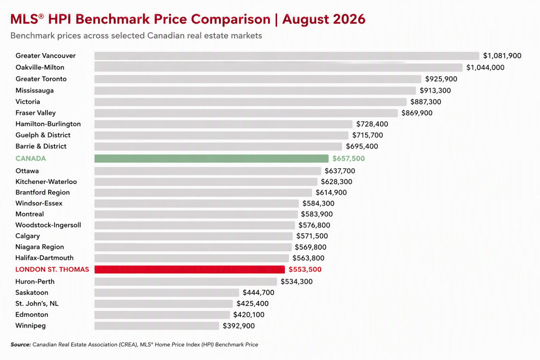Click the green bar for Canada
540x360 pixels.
[x=211, y=159]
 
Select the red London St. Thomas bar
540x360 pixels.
[x=189, y=269]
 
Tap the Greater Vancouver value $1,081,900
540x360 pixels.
[x=502, y=56]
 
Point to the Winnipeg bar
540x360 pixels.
[x=157, y=326]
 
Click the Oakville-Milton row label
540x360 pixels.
[x=40, y=67]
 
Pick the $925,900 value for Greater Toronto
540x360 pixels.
[x=441, y=79]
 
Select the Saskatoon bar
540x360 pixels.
[x=167, y=292]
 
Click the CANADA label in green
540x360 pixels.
[x=31, y=159]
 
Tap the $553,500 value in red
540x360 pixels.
[x=305, y=269]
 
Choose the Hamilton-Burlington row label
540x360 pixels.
[x=48, y=124]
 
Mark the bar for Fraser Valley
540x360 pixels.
[x=246, y=113]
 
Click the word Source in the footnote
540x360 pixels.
[x=21, y=345]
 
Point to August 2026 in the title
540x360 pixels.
[x=324, y=19]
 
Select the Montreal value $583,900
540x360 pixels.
[x=317, y=214]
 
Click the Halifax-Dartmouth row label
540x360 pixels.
[x=44, y=258]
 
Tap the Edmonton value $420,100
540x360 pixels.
[x=249, y=315]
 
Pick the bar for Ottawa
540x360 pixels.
[x=208, y=171]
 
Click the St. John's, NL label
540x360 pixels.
[x=37, y=303]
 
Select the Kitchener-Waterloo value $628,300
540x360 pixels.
[x=336, y=181]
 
